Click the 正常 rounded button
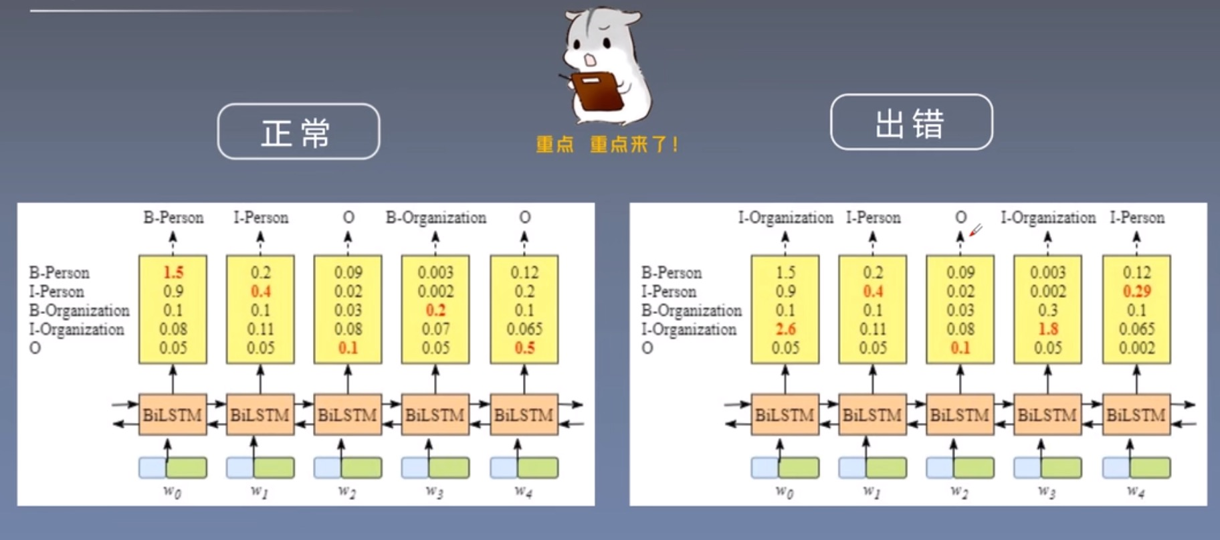click(298, 132)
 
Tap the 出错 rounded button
click(911, 122)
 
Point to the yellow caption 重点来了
click(633, 145)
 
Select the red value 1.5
click(173, 272)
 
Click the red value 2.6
click(785, 329)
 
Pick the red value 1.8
click(1048, 329)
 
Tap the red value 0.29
click(1136, 292)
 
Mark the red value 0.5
click(524, 348)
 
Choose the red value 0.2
click(435, 310)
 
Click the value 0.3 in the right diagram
click(1048, 310)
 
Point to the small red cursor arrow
click(976, 230)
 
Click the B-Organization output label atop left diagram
click(435, 217)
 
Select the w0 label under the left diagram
click(172, 492)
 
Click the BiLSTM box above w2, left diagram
click(347, 415)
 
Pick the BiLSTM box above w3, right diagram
click(1047, 415)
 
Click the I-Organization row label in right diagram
click(689, 329)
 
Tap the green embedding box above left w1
click(274, 468)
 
